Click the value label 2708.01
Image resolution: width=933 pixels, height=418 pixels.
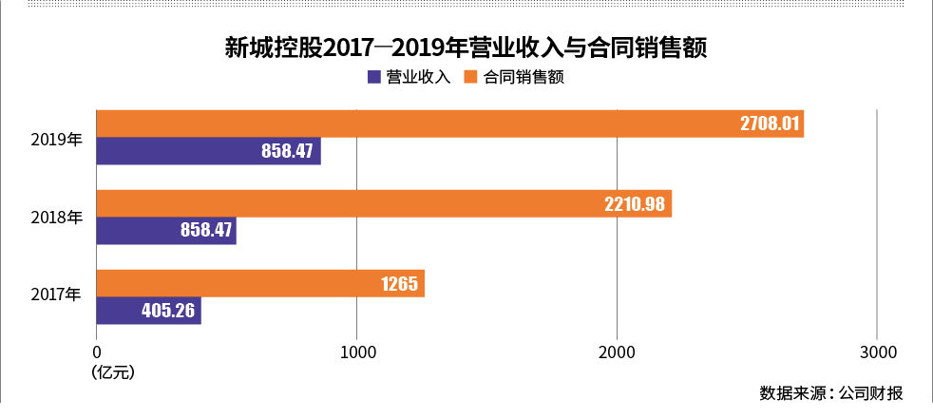click(x=771, y=124)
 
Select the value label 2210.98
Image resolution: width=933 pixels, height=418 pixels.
click(x=638, y=203)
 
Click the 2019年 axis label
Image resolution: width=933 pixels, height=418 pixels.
click(x=57, y=139)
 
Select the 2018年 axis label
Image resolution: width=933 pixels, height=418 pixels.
click(x=57, y=218)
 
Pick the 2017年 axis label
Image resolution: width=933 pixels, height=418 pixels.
click(x=57, y=296)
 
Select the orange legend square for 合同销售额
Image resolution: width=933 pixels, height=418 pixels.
click(x=469, y=78)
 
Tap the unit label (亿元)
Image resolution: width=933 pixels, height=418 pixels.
click(x=113, y=372)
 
